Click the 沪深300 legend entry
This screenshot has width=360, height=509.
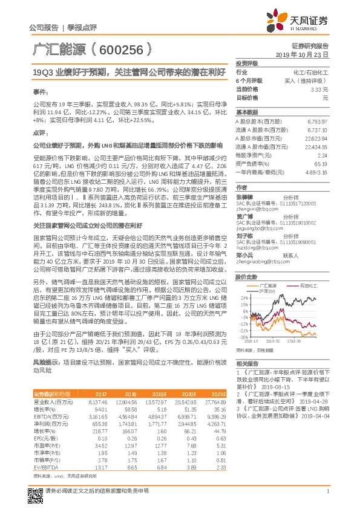pyautogui.click(x=268, y=291)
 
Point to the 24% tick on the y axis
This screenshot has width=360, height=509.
pyautogui.click(x=244, y=298)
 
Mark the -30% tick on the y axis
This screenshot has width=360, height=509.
pyautogui.click(x=243, y=337)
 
